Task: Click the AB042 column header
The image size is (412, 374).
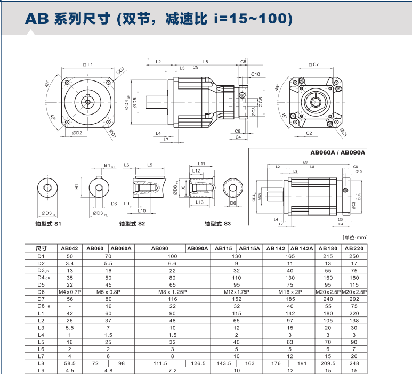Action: point(69,248)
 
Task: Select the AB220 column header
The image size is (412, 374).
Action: point(354,248)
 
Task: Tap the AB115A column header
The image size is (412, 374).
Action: point(249,248)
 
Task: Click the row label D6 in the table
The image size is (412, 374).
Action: point(42,292)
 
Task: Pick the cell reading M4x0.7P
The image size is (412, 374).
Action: point(69,292)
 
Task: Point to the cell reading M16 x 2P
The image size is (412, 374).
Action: point(289,292)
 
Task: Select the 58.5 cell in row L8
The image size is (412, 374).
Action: point(69,364)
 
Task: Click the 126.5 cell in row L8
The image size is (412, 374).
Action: point(198,364)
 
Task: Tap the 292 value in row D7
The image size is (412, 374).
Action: point(354,299)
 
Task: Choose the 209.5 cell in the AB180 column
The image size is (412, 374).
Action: point(329,364)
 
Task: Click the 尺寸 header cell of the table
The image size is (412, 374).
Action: point(42,248)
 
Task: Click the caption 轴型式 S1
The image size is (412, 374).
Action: point(48,224)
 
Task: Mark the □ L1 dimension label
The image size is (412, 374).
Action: point(88,64)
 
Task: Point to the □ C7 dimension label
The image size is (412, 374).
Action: point(313,64)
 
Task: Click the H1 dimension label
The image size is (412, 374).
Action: point(76,188)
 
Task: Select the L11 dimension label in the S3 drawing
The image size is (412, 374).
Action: point(201,163)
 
